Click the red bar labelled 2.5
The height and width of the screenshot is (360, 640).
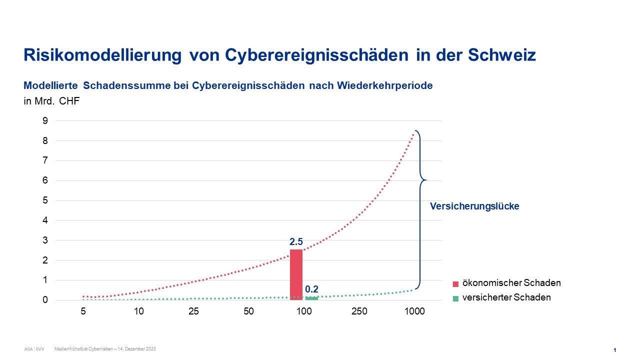click(296, 274)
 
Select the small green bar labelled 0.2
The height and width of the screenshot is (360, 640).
click(311, 298)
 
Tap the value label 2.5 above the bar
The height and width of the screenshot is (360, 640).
click(296, 242)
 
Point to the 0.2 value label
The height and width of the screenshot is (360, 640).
click(311, 289)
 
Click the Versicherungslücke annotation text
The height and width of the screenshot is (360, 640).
click(474, 206)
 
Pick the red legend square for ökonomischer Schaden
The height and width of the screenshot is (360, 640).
click(455, 284)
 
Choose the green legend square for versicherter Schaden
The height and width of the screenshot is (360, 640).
click(455, 298)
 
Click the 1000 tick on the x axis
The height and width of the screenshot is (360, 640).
click(414, 311)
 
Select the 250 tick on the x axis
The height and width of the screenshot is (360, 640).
click(359, 311)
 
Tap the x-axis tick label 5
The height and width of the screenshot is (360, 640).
click(83, 311)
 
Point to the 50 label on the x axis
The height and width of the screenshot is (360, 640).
click(248, 311)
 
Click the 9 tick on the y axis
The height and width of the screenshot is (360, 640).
click(45, 120)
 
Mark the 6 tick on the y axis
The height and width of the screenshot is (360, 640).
click(45, 180)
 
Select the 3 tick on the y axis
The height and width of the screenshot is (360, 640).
click(45, 240)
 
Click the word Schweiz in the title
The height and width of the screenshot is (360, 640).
click(502, 54)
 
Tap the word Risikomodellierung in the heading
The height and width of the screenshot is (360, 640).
click(102, 54)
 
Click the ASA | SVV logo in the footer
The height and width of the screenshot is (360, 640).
click(34, 349)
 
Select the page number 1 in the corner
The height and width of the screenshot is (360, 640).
click(614, 350)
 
